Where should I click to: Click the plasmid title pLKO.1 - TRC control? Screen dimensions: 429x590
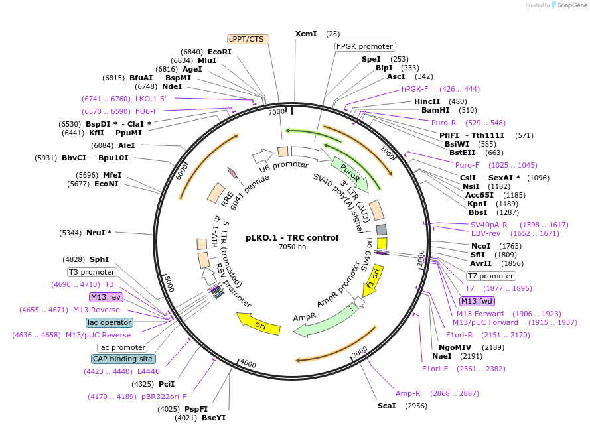tap(292, 238)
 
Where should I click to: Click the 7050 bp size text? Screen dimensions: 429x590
tap(292, 247)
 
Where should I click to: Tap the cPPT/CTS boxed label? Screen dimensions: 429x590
tap(246, 39)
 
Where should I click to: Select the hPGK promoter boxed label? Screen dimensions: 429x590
tap(364, 46)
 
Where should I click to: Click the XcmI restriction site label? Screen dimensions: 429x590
tap(306, 34)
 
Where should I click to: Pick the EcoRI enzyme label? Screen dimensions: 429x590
tap(220, 52)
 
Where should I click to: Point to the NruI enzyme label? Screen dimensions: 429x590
tap(99, 233)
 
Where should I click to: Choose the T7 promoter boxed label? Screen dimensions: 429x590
tap(490, 276)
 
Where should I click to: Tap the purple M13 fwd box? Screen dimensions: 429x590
tap(477, 301)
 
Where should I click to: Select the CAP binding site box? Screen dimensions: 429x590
tap(123, 359)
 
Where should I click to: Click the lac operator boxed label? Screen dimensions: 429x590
tap(110, 322)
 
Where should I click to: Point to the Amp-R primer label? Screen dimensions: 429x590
tap(408, 393)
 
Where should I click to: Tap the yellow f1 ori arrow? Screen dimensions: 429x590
tap(373, 277)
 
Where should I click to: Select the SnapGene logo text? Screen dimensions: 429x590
tap(571, 5)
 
